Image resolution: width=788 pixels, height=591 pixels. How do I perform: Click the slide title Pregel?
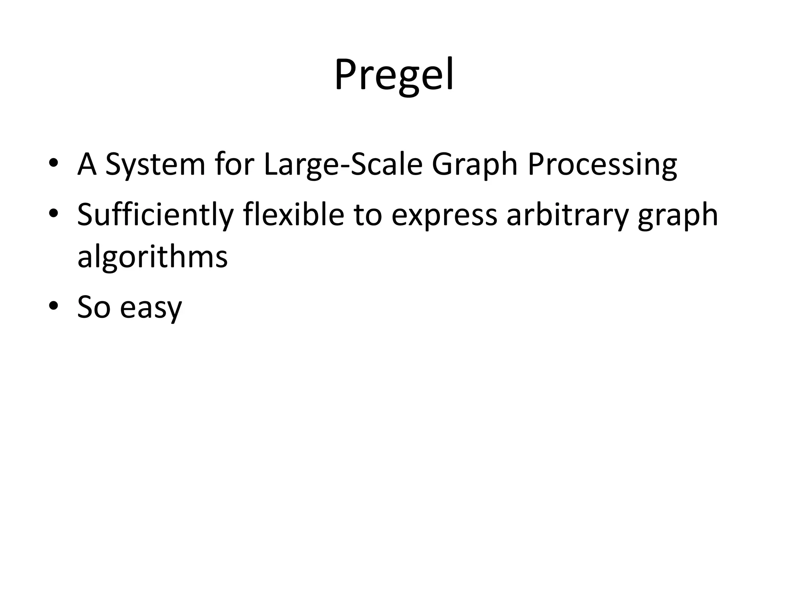[x=394, y=75]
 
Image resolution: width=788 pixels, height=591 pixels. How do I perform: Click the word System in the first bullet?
[x=155, y=165]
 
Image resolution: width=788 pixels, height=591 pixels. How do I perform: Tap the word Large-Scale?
[x=343, y=165]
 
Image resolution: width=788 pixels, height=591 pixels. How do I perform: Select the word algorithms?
[x=152, y=257]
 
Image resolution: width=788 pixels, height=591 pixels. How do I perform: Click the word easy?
[x=150, y=308]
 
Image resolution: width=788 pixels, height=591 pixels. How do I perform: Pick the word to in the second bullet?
[x=368, y=215]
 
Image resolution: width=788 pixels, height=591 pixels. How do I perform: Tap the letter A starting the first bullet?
[x=87, y=165]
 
